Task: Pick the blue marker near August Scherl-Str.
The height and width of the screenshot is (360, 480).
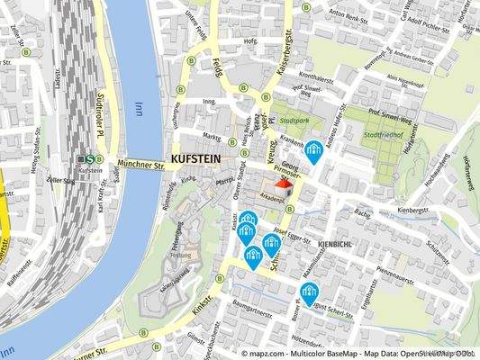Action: [x=310, y=293]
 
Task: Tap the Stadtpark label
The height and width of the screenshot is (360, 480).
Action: [x=294, y=120]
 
